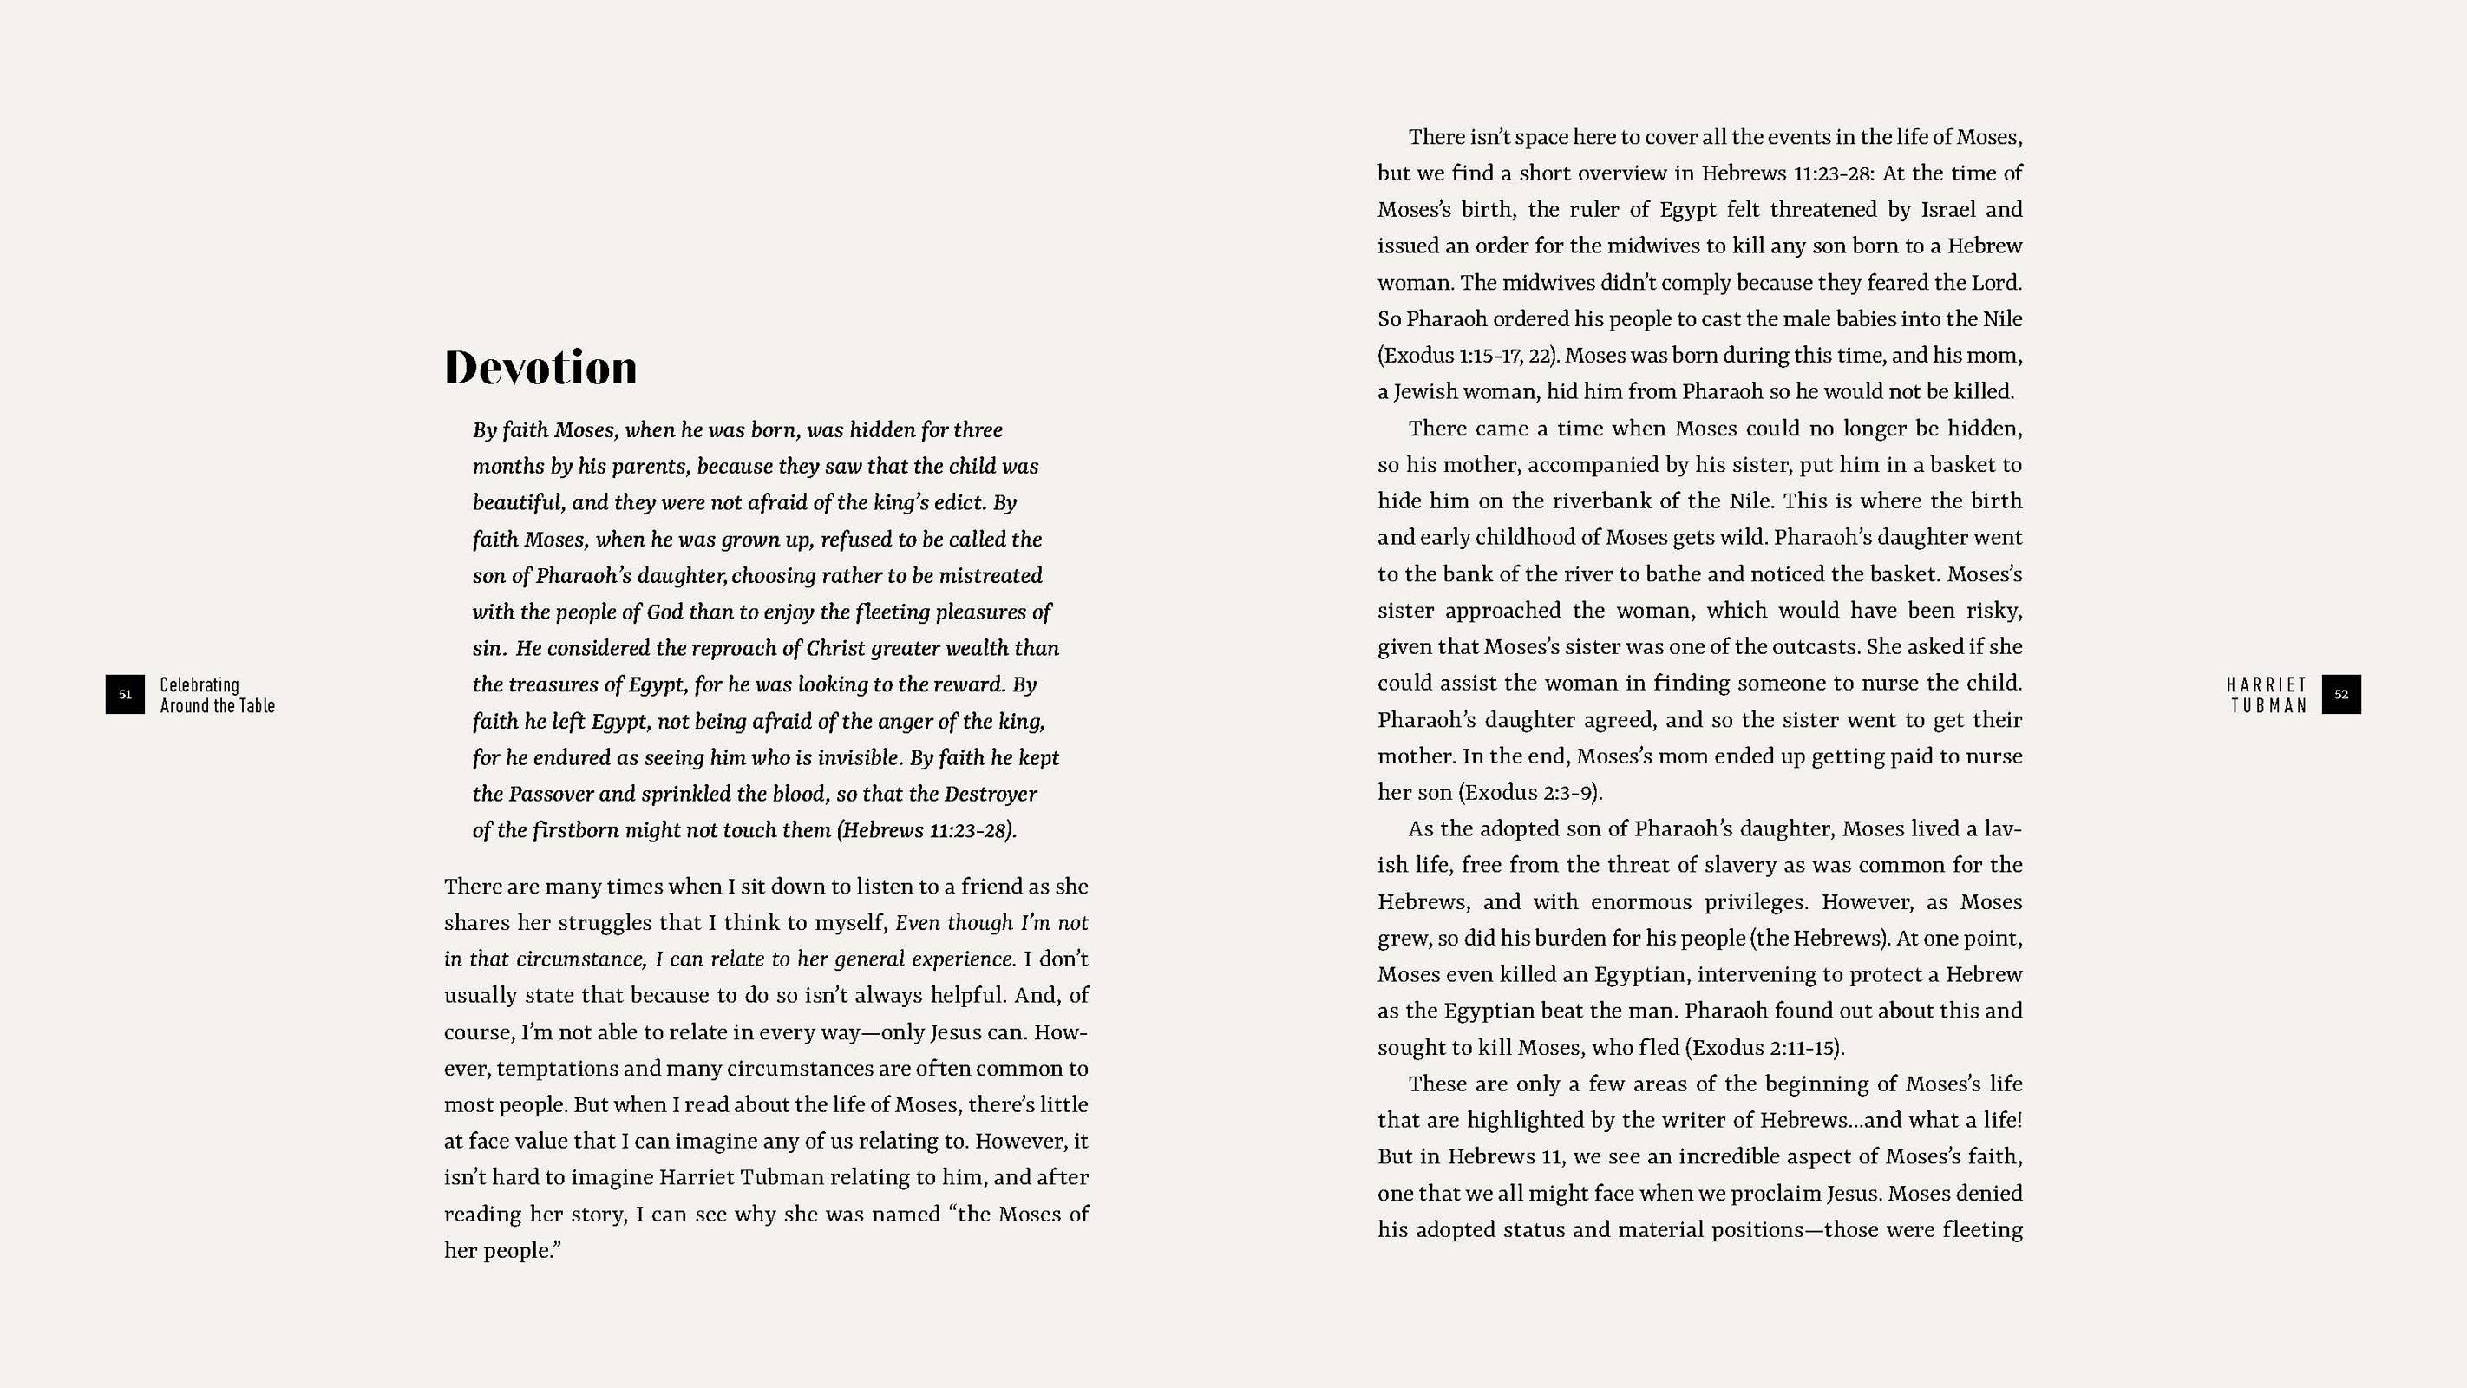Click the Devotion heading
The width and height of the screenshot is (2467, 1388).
coord(540,368)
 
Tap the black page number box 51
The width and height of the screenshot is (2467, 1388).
coord(125,695)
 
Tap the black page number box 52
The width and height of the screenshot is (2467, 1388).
coord(2340,695)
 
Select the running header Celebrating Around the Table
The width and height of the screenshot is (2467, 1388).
coord(218,696)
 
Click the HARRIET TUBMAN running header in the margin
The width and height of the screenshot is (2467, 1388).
coord(2267,696)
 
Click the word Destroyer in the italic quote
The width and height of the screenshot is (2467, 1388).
coord(991,794)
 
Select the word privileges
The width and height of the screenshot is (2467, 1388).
coord(1747,902)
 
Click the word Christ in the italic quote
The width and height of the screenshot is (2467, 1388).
coord(836,649)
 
